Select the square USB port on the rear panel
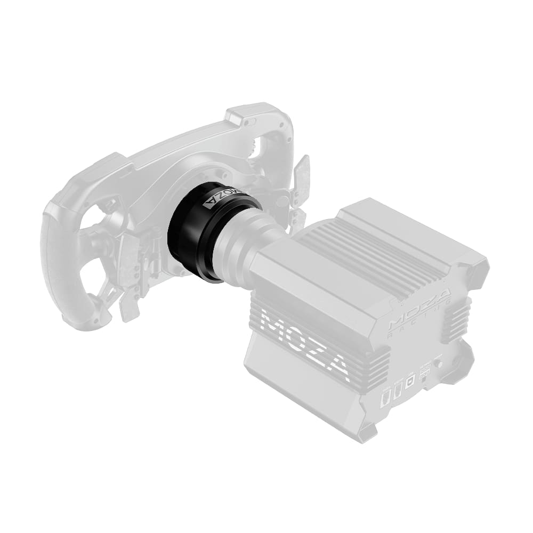409,383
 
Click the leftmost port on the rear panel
384,399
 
